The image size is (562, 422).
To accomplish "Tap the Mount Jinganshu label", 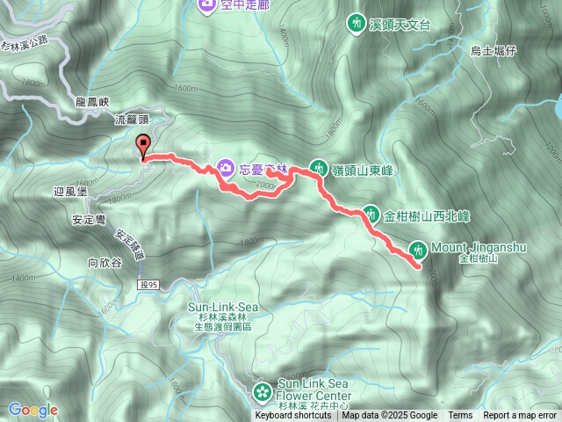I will coord(479,248).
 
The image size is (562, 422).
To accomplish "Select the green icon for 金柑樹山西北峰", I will coord(370,213).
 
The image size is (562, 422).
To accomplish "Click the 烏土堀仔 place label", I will coord(493,52).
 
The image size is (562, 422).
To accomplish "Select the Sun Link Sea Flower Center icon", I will coord(262,389).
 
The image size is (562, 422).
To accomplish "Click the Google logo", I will coord(32,410).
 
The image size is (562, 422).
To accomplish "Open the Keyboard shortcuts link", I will coord(293,416).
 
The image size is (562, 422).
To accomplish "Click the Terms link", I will coord(460,416).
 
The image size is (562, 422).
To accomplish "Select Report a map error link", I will coord(520,416).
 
